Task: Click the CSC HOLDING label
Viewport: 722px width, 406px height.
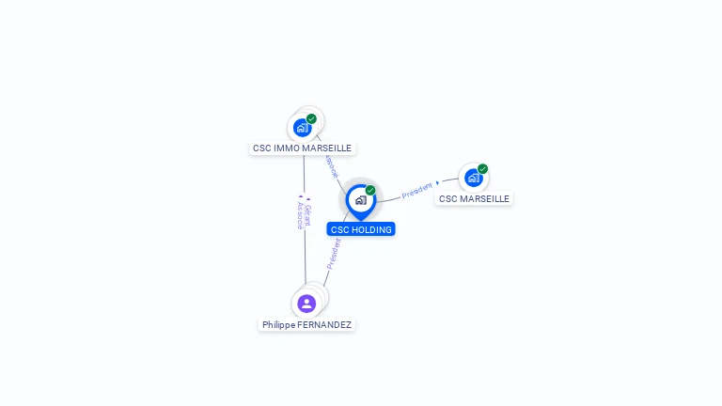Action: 361,229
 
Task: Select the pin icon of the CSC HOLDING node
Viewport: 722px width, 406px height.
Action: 360,200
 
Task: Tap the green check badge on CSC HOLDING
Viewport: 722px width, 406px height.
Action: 370,191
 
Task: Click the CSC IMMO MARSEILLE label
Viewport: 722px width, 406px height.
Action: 302,148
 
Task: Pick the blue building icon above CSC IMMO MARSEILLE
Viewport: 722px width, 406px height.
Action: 302,128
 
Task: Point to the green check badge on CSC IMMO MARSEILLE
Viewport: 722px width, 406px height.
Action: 311,119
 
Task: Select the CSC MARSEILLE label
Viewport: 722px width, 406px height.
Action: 474,199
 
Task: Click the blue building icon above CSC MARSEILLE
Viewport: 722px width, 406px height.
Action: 473,178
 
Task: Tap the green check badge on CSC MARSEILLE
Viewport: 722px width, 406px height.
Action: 482,169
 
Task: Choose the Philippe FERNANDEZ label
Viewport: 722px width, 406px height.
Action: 306,325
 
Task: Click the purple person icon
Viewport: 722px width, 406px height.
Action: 306,304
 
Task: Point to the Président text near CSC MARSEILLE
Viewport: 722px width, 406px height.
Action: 416,191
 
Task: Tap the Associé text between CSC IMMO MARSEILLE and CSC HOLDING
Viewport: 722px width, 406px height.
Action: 331,166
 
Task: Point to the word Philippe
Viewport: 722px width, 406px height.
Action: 278,325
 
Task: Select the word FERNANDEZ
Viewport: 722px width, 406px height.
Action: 324,325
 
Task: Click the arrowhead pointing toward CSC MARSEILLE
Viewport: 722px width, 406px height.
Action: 438,183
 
